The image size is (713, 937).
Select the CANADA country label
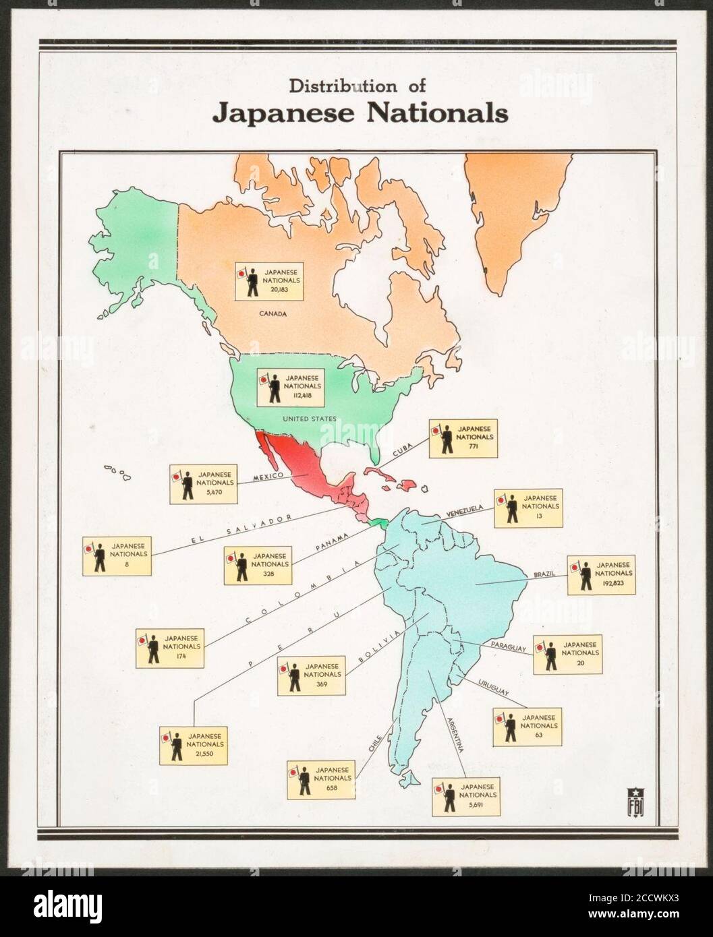(273, 313)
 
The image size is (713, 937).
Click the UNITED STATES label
(309, 419)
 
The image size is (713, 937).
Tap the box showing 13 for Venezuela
(527, 508)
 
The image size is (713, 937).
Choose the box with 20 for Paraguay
(567, 654)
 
